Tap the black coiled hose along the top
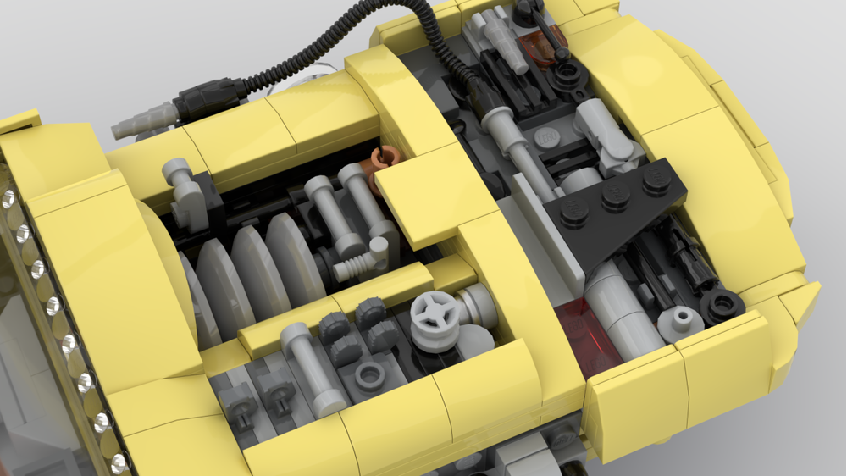(339, 42)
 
